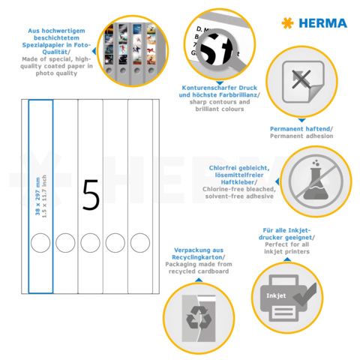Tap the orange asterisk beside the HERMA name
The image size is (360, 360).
(286, 23)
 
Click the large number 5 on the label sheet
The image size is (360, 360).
(91, 194)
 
